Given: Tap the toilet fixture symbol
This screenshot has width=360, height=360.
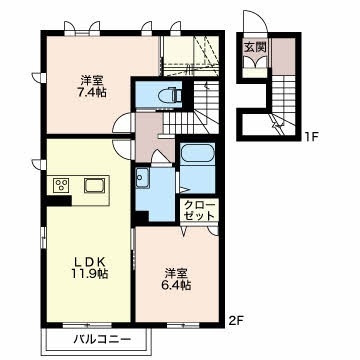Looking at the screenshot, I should pyautogui.click(x=168, y=97).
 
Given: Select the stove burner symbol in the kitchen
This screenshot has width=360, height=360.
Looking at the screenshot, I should pyautogui.click(x=60, y=185).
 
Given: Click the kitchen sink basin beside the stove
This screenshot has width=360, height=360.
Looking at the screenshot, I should pyautogui.click(x=95, y=185).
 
